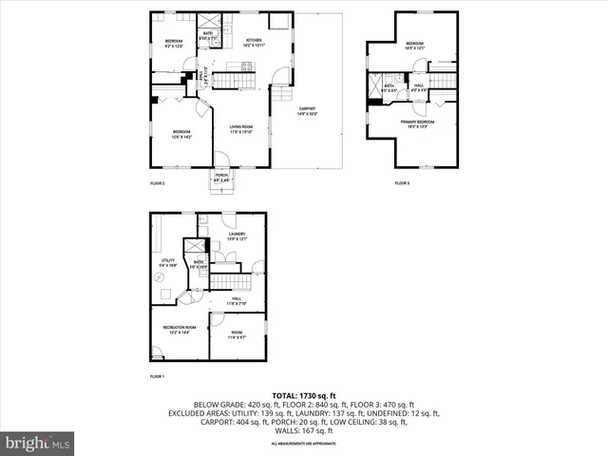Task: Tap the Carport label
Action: [x=307, y=111]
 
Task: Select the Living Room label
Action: [x=240, y=129]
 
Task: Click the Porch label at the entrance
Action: [x=220, y=177]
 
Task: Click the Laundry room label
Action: [x=237, y=236]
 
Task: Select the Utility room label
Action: [x=167, y=262]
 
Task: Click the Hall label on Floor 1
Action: [x=237, y=300]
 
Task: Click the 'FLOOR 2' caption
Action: [x=158, y=182]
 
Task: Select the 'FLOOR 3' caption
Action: [x=403, y=182]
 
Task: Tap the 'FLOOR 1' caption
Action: [x=158, y=377]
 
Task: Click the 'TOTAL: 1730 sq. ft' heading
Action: [x=304, y=394]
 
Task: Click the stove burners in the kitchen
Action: [x=246, y=66]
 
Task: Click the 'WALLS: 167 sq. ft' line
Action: [x=304, y=431]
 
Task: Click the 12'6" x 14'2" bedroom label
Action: [x=181, y=134]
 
